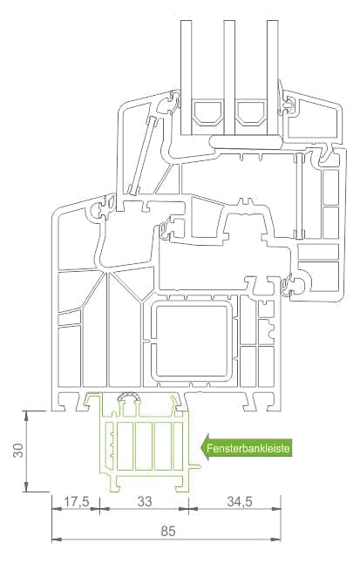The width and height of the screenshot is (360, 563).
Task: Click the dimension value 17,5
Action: pyautogui.click(x=76, y=502)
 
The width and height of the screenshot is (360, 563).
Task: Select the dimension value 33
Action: pyautogui.click(x=145, y=502)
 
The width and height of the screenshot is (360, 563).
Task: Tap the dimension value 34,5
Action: pyautogui.click(x=240, y=501)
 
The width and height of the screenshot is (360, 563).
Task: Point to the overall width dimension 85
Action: pyautogui.click(x=167, y=531)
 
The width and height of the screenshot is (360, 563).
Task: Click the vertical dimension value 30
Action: pyautogui.click(x=18, y=451)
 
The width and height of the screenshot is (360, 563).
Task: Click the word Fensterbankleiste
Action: pyautogui.click(x=248, y=449)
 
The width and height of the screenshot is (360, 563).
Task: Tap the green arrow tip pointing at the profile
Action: pyautogui.click(x=201, y=448)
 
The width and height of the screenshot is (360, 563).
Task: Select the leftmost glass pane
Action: pyautogui.click(x=187, y=77)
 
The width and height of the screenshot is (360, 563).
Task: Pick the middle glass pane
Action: pyautogui.click(x=229, y=78)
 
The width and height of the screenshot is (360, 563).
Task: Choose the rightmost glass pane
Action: pyautogui.click(x=272, y=78)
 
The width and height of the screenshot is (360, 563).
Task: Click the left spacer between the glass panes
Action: pyautogui.click(x=207, y=112)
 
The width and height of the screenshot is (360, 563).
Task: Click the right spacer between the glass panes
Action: pyautogui.click(x=251, y=112)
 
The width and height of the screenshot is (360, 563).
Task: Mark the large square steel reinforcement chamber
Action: pyautogui.click(x=192, y=341)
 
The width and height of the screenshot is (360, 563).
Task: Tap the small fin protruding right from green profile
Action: pyautogui.click(x=195, y=467)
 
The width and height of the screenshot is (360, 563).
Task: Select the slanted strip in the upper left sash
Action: pyautogui.click(x=143, y=155)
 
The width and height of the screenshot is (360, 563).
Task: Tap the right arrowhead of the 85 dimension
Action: pyautogui.click(x=276, y=539)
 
